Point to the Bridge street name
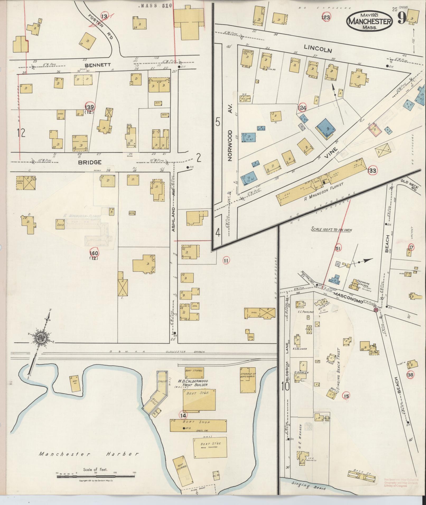tap(90, 162)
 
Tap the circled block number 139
tap(90, 107)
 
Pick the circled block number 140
tap(94, 253)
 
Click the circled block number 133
tap(372, 171)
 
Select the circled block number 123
tap(326, 17)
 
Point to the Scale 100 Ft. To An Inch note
tap(331, 230)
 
